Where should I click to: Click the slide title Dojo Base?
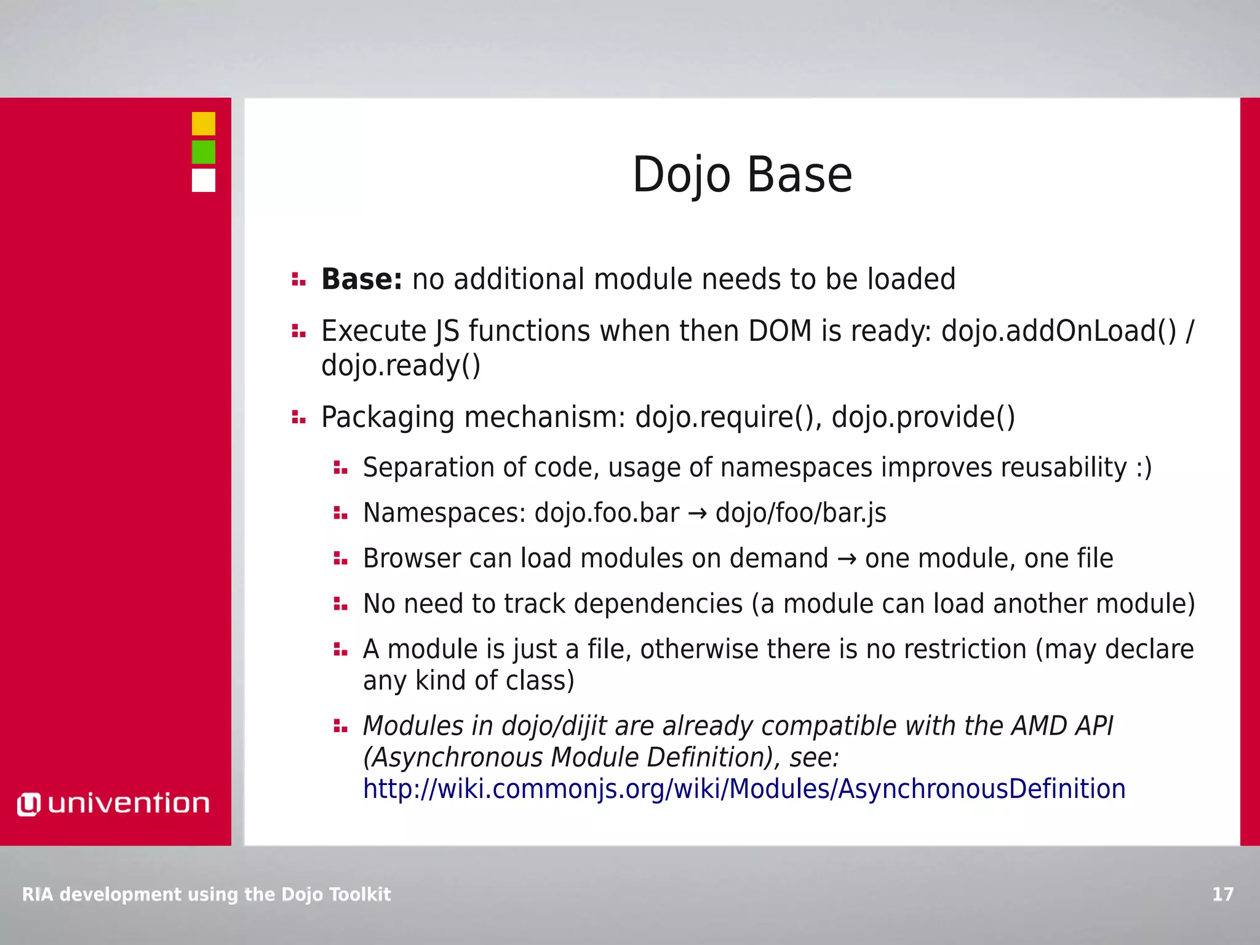click(742, 175)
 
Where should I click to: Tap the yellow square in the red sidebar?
click(203, 124)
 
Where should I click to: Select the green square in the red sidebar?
click(203, 152)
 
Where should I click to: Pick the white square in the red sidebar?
click(203, 181)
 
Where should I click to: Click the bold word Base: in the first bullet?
click(362, 279)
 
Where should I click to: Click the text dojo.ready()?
click(401, 366)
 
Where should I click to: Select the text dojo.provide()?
click(923, 417)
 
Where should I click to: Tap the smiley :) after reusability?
click(1143, 468)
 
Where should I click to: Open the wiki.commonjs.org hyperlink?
click(744, 789)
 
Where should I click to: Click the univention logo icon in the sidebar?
click(28, 804)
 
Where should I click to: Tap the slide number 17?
click(1222, 894)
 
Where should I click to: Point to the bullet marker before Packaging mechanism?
click(298, 418)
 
